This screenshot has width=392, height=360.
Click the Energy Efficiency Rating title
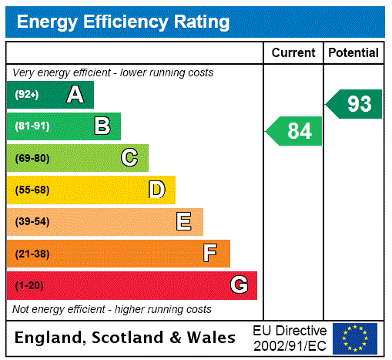pos(123,22)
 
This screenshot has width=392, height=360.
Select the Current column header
pos(293,53)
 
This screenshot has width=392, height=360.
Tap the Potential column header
pos(353,53)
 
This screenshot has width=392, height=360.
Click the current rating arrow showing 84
pos(294,131)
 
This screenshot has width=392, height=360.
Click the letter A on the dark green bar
pos(75,95)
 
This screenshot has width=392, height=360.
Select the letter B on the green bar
pos(102,126)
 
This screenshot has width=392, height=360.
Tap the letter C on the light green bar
pos(129,158)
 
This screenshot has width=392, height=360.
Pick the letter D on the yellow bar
pos(156,190)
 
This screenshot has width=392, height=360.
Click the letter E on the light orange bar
pos(184,222)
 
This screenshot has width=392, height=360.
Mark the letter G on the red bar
pos(239,285)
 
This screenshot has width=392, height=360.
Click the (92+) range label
pos(27,95)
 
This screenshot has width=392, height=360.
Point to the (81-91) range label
pos(32,126)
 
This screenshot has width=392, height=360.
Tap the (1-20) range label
pos(29,286)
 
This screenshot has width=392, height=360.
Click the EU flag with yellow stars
pos(355,338)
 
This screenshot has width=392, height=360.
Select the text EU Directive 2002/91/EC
pos(290,338)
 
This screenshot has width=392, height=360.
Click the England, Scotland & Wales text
pos(125,338)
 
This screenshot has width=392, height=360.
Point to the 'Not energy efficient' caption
pos(112,309)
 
